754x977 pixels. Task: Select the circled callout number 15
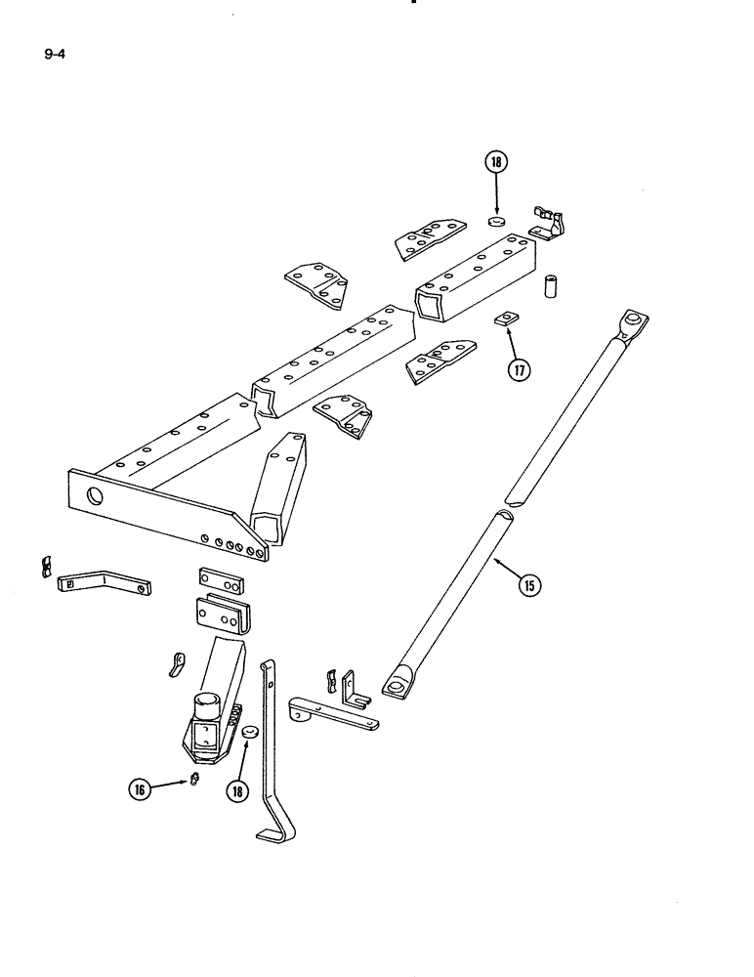click(529, 585)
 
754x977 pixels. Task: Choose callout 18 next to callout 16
click(235, 790)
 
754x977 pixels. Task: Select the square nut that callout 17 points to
click(505, 318)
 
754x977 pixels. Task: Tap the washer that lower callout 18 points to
click(249, 732)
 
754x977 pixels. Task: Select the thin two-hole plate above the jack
click(223, 578)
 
